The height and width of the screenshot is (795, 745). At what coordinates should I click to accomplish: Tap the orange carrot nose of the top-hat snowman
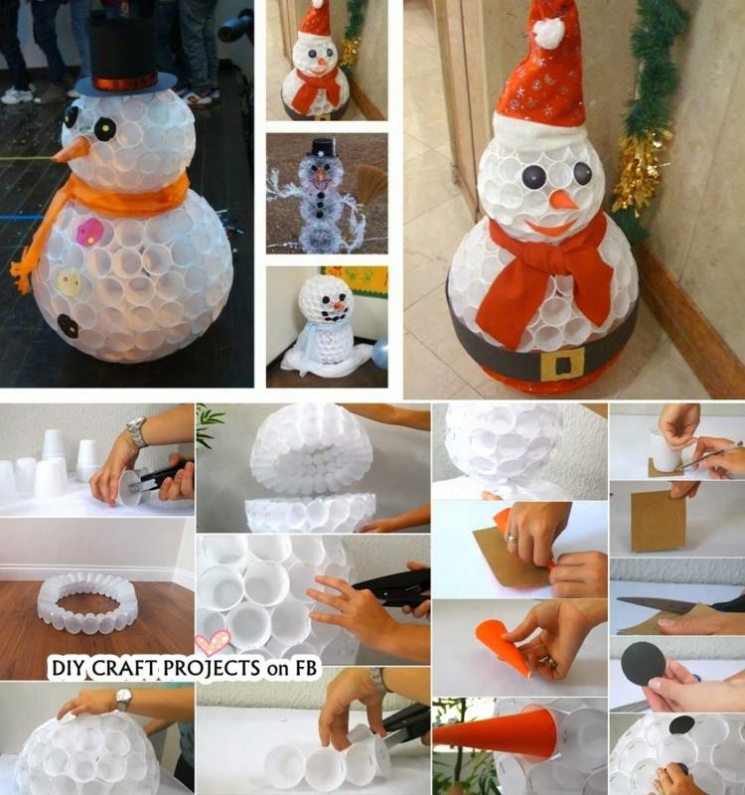(71, 151)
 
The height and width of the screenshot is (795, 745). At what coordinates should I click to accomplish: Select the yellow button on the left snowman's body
(68, 279)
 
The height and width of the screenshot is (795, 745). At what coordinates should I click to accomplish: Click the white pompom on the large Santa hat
(549, 31)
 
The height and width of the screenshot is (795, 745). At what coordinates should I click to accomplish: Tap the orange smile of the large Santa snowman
(551, 227)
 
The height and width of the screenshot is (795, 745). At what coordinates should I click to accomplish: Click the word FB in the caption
(305, 667)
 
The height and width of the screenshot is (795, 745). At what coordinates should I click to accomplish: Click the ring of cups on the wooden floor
(87, 604)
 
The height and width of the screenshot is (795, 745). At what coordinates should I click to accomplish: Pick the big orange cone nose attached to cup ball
(489, 734)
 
